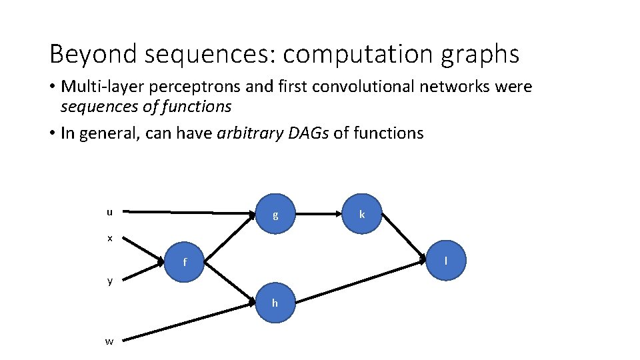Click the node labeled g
275,215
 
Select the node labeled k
361,214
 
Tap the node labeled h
275,303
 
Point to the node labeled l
445,259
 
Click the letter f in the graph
185,262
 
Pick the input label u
109,212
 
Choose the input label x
109,237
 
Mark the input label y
110,281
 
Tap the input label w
109,341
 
